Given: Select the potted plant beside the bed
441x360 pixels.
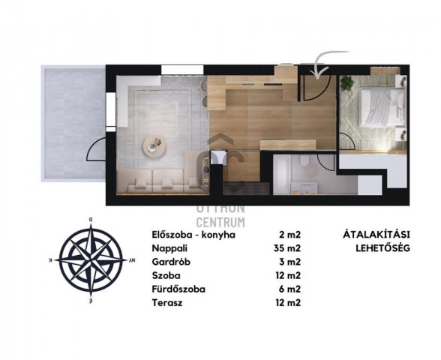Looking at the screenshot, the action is tap(347, 83).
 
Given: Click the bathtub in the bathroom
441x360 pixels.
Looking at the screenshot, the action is tap(282, 174).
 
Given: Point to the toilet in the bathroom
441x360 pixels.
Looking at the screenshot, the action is tap(304, 161).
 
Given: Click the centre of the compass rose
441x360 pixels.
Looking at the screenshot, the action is tap(91, 260).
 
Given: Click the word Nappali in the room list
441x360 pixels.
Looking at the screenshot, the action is tap(169, 248).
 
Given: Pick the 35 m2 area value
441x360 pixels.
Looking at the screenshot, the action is tap(287, 248).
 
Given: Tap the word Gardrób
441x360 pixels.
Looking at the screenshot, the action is tap(171, 262).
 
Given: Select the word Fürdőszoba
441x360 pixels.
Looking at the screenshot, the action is tap(178, 289).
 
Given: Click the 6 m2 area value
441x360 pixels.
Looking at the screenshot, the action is tap(290, 289).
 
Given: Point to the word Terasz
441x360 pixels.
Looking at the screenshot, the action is tap(167, 303).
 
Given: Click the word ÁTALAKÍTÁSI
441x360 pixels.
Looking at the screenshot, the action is tap(376, 234).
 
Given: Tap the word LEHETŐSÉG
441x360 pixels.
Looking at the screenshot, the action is tap(382, 248).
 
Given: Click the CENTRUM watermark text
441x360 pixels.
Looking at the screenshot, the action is tap(220, 222).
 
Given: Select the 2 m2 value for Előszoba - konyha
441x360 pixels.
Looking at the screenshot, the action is tap(290, 235).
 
